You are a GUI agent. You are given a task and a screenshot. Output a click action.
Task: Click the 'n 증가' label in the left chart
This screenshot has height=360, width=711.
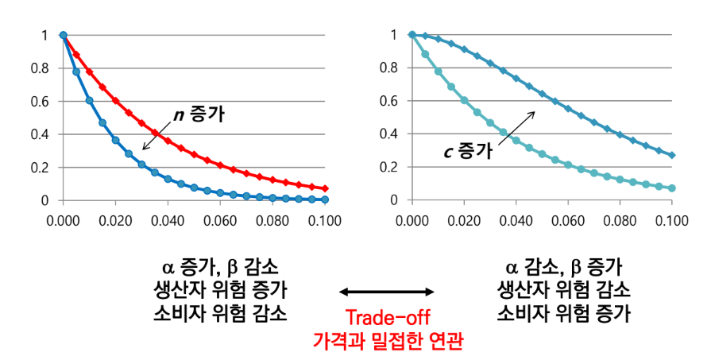pyautogui.click(x=199, y=114)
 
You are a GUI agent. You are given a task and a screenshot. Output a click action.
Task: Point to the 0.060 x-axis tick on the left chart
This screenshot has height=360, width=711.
pyautogui.click(x=220, y=215)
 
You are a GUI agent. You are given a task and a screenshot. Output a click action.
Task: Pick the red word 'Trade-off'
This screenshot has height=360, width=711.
pyautogui.click(x=388, y=319)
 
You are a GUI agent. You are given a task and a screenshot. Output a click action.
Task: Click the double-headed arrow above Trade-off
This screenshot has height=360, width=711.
pyautogui.click(x=388, y=292)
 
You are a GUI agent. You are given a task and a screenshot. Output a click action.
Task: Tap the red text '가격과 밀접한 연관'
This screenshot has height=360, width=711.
pyautogui.click(x=388, y=342)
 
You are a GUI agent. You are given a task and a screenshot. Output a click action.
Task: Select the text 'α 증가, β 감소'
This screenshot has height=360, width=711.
pyautogui.click(x=219, y=265)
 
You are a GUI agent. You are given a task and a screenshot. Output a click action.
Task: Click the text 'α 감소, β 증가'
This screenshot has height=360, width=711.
pyautogui.click(x=564, y=265)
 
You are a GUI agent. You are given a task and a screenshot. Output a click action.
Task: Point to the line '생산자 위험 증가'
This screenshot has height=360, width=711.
pyautogui.click(x=219, y=288)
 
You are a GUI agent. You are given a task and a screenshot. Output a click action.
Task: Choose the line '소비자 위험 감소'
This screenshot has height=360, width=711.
pyautogui.click(x=219, y=313)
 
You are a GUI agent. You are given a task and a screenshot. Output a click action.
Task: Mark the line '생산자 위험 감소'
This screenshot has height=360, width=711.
pyautogui.click(x=564, y=288)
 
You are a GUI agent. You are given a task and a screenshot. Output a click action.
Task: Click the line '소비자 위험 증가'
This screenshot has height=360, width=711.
pyautogui.click(x=564, y=313)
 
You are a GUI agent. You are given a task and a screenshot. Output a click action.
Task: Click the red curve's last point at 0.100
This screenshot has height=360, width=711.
pyautogui.click(x=325, y=188)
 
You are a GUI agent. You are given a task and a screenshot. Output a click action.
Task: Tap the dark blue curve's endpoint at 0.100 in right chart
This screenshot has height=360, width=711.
pyautogui.click(x=672, y=155)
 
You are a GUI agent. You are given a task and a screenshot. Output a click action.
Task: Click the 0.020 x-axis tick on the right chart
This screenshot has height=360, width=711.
pyautogui.click(x=464, y=215)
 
